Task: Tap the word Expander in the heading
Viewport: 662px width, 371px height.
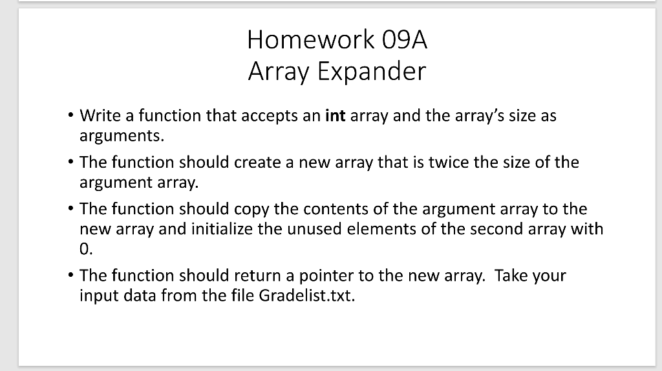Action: (x=372, y=72)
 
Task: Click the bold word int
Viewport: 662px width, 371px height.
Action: (x=335, y=116)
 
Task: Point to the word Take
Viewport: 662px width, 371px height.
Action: (x=510, y=276)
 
